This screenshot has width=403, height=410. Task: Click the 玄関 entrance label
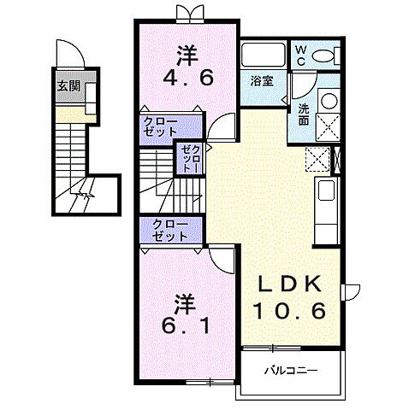pyautogui.click(x=68, y=85)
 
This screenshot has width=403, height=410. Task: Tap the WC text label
pyautogui.click(x=301, y=56)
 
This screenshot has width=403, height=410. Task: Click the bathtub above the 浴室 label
pyautogui.click(x=264, y=54)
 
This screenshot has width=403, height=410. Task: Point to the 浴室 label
pyautogui.click(x=262, y=81)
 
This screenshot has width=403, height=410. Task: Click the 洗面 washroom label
pyautogui.click(x=304, y=114)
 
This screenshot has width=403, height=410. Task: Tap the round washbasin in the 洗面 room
pyautogui.click(x=329, y=101)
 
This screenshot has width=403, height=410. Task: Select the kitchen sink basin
pyautogui.click(x=326, y=190)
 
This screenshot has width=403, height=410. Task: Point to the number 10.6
pyautogui.click(x=289, y=311)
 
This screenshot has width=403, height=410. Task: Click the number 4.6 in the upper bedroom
pyautogui.click(x=188, y=78)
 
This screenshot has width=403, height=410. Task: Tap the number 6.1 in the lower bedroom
pyautogui.click(x=186, y=325)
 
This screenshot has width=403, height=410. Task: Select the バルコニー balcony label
pyautogui.click(x=291, y=371)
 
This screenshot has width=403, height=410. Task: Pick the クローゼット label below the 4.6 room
pyautogui.click(x=160, y=126)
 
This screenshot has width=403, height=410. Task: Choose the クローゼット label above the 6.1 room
pyautogui.click(x=170, y=231)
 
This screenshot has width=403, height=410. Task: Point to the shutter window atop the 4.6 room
pyautogui.click(x=190, y=14)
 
